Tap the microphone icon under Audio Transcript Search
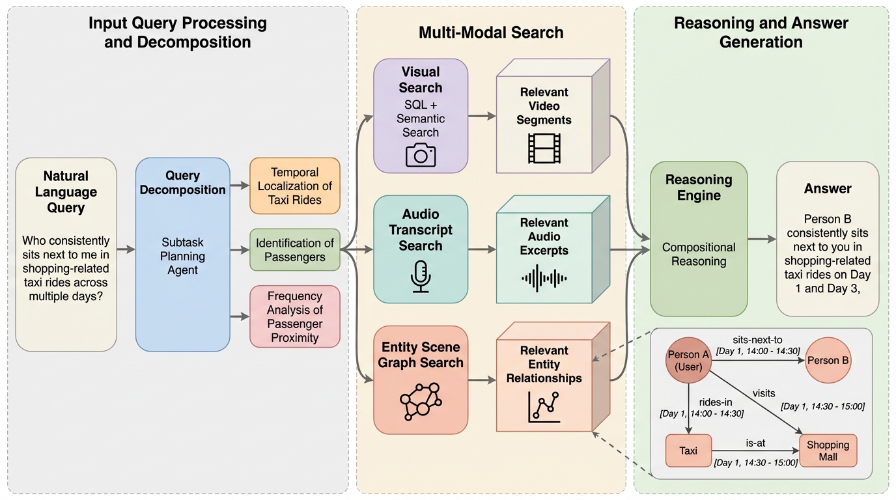(420, 276)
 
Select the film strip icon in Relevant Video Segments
(544, 148)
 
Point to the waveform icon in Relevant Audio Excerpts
(544, 277)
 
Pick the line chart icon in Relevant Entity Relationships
(544, 406)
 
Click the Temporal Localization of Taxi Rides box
(295, 186)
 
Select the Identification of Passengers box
(295, 250)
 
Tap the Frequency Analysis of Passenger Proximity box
(295, 316)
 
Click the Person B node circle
(828, 360)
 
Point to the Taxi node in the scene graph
(688, 451)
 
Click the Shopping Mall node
(828, 451)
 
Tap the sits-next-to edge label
(757, 340)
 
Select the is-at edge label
(755, 443)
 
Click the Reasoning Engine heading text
(699, 187)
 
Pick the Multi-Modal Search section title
(491, 33)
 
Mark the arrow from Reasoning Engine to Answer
(761, 239)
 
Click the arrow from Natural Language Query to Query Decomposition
(126, 249)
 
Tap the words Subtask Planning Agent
(183, 256)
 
